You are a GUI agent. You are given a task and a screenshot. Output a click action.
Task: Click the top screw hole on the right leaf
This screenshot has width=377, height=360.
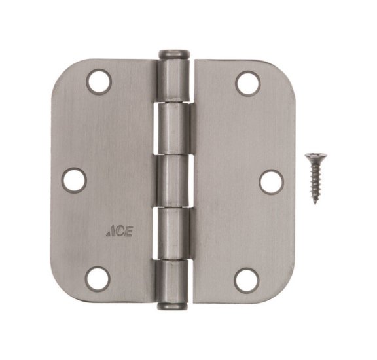(x=247, y=82)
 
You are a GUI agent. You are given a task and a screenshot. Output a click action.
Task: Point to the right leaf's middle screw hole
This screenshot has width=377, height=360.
(x=270, y=181)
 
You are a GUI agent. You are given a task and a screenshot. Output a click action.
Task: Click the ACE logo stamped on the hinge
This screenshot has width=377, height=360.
(x=118, y=231)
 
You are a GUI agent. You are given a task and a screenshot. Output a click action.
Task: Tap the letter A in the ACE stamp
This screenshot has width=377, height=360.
(x=109, y=231)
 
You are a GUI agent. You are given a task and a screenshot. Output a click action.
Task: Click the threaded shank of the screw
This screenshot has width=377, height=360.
(x=314, y=180)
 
